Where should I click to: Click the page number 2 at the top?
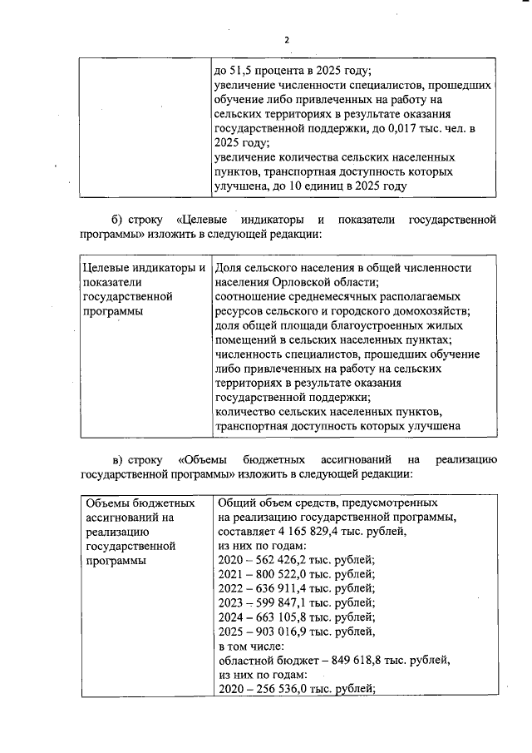coord(286,40)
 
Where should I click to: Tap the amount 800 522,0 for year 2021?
coord(284,574)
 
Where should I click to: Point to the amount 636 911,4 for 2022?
coord(284,588)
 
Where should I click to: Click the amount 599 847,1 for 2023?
coord(284,603)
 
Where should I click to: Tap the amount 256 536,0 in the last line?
coord(284,689)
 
